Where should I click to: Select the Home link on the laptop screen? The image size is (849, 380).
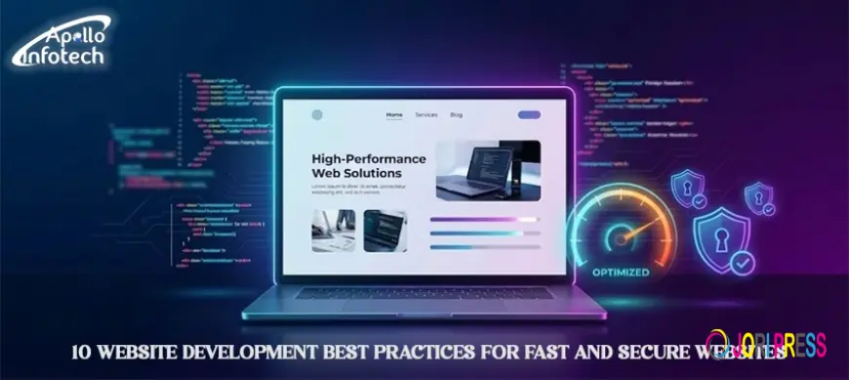point(394,114)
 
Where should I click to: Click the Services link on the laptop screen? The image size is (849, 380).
point(426,114)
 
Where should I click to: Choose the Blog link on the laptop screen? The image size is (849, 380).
point(457,114)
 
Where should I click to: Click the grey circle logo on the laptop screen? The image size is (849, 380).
point(316,114)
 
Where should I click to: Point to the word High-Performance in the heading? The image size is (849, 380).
point(369,157)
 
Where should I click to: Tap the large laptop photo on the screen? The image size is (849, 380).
point(488,169)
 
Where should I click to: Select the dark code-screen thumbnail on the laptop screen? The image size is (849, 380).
point(385,230)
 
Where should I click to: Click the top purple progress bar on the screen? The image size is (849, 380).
point(485,220)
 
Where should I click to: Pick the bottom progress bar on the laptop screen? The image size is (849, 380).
point(485,247)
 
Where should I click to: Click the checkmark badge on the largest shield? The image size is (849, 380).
point(744,262)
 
